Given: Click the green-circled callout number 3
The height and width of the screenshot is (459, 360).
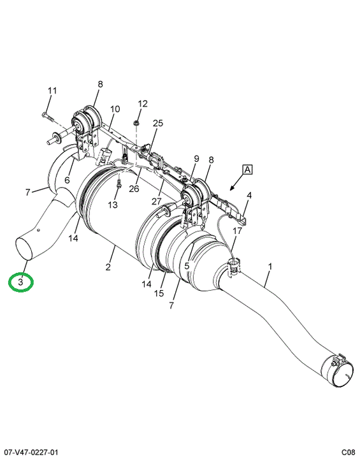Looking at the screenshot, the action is (20, 282).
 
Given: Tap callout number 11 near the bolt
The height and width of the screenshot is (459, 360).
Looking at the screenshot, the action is (52, 91).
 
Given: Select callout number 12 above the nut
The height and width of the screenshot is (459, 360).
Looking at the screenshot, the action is (143, 104).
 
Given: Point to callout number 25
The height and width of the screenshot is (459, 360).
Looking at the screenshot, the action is (158, 123).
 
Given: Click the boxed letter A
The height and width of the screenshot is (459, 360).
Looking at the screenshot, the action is (247, 170).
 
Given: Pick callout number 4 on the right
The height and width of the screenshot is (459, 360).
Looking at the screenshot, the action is (249, 195).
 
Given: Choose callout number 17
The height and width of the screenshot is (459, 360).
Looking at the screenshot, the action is (238, 231).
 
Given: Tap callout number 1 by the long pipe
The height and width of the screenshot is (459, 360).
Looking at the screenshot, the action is (270, 266).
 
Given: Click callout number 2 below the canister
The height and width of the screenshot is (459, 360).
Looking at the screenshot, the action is (108, 266).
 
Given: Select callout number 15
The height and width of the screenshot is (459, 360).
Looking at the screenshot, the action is (159, 293).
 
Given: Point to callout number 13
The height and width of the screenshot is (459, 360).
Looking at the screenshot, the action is (113, 205).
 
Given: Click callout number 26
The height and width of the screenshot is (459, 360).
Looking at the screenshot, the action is (134, 189).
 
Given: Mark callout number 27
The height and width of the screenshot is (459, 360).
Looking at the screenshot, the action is (157, 201).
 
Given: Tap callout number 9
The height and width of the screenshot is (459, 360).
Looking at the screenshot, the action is (196, 159).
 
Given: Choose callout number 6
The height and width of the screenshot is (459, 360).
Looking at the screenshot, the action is (68, 180).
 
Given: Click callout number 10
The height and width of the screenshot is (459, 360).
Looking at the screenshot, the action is (115, 109).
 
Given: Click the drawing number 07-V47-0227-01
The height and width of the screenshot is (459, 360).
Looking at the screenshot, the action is (31, 453).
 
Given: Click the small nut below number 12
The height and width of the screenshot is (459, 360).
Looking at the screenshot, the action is (136, 123).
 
